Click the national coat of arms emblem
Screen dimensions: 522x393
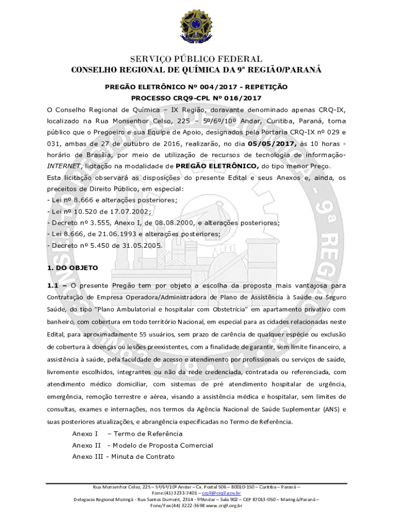tap(196, 28)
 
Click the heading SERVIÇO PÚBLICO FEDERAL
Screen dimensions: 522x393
tap(196, 60)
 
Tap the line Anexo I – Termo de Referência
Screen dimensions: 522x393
tap(127, 434)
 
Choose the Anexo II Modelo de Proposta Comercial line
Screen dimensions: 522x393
tap(142, 446)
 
